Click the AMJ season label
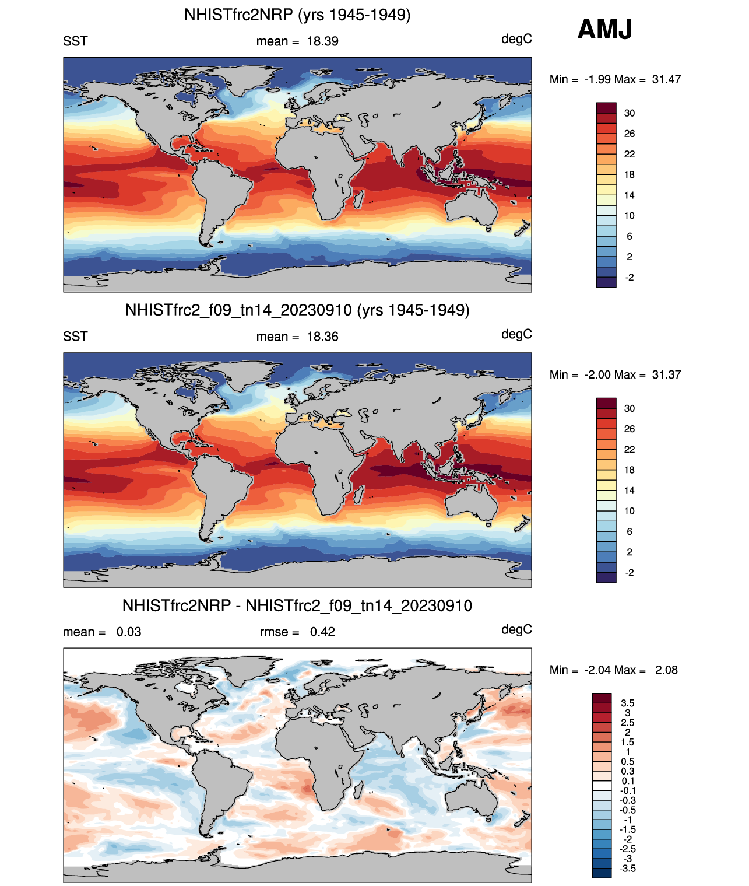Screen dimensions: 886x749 pyautogui.click(x=604, y=29)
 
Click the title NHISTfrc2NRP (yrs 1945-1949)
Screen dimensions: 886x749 pyautogui.click(x=297, y=15)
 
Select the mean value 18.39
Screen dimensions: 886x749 pyautogui.click(x=322, y=41)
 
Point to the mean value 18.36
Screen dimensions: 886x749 pyautogui.click(x=322, y=337)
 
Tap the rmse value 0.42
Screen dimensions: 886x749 pyautogui.click(x=322, y=632)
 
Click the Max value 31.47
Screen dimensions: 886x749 pyautogui.click(x=666, y=79)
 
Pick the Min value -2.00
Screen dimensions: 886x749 pyautogui.click(x=597, y=374)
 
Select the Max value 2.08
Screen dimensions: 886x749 pyautogui.click(x=666, y=670)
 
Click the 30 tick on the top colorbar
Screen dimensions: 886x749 pyautogui.click(x=630, y=113)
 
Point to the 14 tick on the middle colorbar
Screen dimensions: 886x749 pyautogui.click(x=630, y=491)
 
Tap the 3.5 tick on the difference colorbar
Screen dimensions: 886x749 pyautogui.click(x=628, y=703)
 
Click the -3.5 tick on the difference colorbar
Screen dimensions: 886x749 pyautogui.click(x=628, y=868)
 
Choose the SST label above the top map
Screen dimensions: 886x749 pyautogui.click(x=75, y=41)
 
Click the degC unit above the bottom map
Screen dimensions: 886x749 pyautogui.click(x=516, y=629)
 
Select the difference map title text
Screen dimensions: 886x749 pyautogui.click(x=297, y=605)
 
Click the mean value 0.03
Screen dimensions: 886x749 pyautogui.click(x=129, y=632)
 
